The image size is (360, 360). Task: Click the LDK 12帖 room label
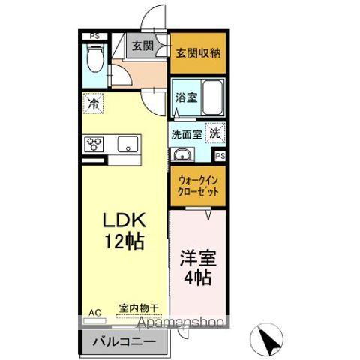[123, 230]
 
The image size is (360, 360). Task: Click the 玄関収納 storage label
[196, 53]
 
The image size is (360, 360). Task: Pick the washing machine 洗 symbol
[214, 133]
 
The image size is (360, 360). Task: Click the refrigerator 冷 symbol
[94, 103]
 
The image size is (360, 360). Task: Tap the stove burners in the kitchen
[96, 143]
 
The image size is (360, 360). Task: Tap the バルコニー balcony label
[124, 343]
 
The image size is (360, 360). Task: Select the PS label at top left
[94, 34]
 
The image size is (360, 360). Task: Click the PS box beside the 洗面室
[220, 156]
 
